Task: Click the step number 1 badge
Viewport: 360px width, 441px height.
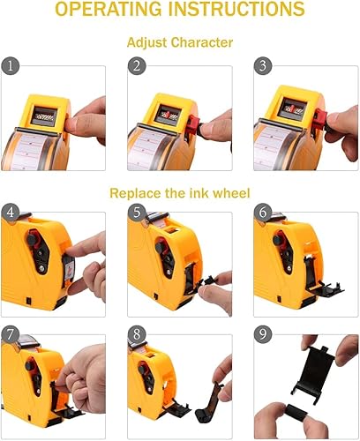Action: (11, 66)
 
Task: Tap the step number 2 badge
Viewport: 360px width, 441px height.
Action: (135, 66)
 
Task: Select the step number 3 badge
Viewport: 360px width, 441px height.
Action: (261, 66)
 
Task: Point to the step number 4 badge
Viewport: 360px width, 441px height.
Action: (11, 212)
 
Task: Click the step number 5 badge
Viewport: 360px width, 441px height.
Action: (135, 212)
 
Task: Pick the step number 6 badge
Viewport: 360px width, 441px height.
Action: (261, 212)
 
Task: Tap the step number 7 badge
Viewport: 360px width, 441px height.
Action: (11, 335)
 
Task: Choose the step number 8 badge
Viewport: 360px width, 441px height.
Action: (135, 335)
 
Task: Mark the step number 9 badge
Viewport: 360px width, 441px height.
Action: (261, 335)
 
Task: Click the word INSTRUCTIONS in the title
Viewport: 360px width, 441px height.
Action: (244, 11)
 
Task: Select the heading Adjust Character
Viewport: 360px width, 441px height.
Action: (179, 43)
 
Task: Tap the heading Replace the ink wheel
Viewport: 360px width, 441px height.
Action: (179, 192)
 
